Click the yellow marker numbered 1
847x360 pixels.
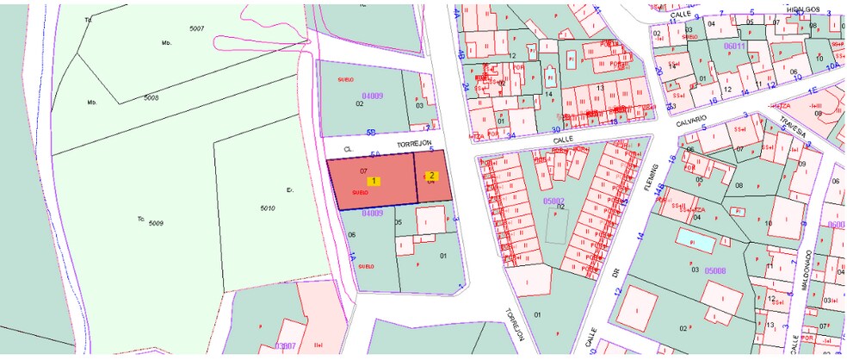tap(374, 181)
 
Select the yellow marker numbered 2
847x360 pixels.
tap(432, 176)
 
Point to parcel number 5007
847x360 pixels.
tap(196, 29)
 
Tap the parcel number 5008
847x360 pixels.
tap(151, 98)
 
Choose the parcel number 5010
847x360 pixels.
tap(267, 208)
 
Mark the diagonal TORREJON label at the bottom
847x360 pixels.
tap(514, 325)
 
